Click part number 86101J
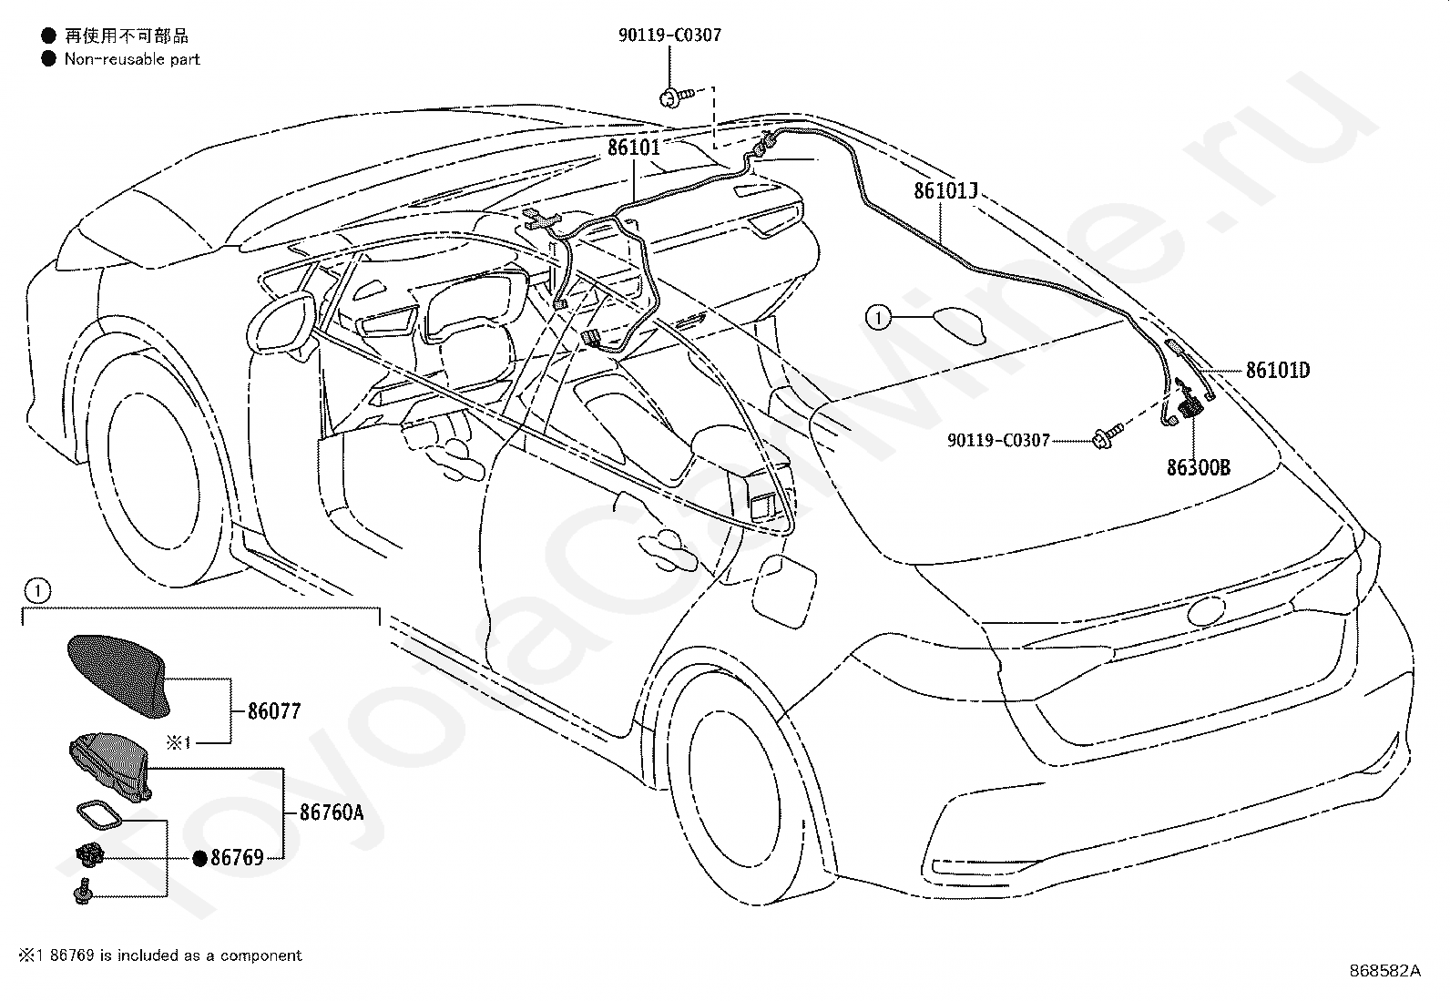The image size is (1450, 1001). tap(945, 190)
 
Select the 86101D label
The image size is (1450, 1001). tap(1278, 371)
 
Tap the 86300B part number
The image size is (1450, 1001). tap(1199, 467)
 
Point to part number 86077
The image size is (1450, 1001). tap(274, 711)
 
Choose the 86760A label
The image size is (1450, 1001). tap(332, 812)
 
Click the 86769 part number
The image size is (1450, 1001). tap(237, 858)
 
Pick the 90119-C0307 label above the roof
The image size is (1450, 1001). tap(669, 35)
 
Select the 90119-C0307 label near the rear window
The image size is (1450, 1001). tap(998, 440)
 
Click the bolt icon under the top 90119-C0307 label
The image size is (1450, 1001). tap(675, 97)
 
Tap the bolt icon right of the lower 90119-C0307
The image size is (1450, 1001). tap(1108, 435)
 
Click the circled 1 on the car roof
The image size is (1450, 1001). tap(878, 318)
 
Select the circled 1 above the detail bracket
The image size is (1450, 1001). tap(37, 590)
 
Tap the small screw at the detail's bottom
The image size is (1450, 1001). tap(84, 893)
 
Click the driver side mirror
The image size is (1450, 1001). tap(281, 323)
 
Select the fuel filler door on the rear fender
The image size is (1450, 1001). tap(783, 590)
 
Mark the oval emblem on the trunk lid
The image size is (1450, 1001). tap(1206, 610)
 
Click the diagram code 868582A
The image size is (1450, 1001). tap(1384, 971)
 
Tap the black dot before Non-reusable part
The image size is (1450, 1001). tap(48, 59)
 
